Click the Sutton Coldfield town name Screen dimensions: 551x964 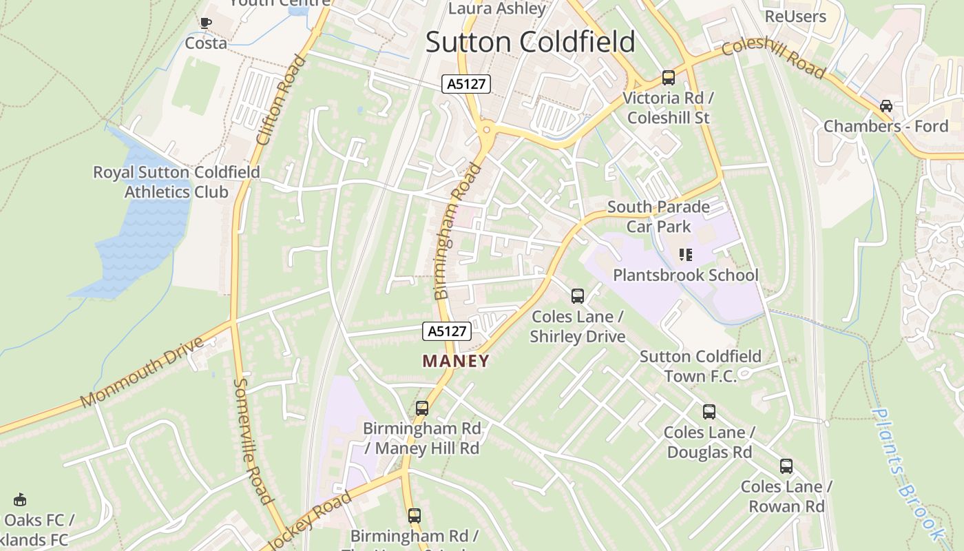pyautogui.click(x=530, y=42)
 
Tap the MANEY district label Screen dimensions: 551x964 pyautogui.click(x=456, y=361)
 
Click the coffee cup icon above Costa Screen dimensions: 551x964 pyautogui.click(x=205, y=23)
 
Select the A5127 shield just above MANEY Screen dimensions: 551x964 pyautogui.click(x=447, y=331)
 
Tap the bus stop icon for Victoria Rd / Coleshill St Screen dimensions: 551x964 pyautogui.click(x=668, y=77)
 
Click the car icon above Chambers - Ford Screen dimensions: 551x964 pyautogui.click(x=886, y=106)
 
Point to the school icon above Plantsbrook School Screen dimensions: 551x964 pyautogui.click(x=685, y=255)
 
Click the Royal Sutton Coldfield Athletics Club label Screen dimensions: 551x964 pyautogui.click(x=176, y=182)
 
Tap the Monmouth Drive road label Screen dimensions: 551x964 pyautogui.click(x=143, y=372)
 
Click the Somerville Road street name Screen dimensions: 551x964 pyautogui.click(x=253, y=441)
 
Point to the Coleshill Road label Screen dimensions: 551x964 pyautogui.click(x=773, y=59)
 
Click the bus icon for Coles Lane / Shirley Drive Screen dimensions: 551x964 pyautogui.click(x=577, y=296)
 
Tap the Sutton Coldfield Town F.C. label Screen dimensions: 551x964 pyautogui.click(x=700, y=366)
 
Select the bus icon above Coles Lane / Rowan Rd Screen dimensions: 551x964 pyautogui.click(x=786, y=466)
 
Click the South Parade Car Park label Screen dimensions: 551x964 pyautogui.click(x=658, y=216)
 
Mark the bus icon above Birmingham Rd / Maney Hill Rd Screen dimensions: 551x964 pyautogui.click(x=421, y=408)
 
